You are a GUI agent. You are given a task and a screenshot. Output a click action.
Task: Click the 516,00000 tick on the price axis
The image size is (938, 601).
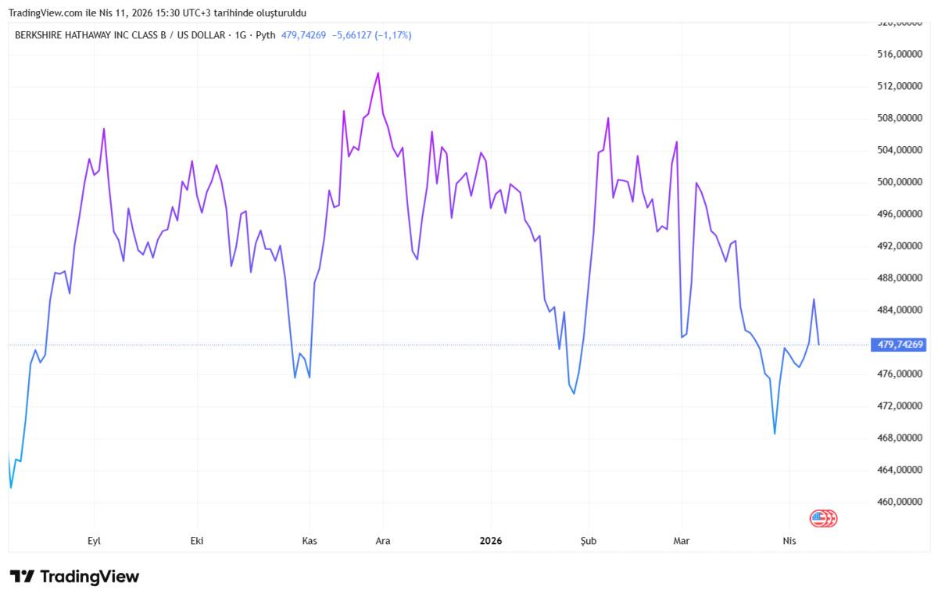pyautogui.click(x=897, y=54)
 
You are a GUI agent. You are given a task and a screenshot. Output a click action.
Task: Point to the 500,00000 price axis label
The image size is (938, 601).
pyautogui.click(x=897, y=182)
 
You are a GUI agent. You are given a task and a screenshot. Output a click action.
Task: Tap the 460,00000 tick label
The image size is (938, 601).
pyautogui.click(x=897, y=502)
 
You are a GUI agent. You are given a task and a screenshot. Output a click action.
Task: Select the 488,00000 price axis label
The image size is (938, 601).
pyautogui.click(x=897, y=278)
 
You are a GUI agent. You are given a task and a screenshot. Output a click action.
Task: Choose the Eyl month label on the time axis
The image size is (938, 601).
pyautogui.click(x=94, y=541)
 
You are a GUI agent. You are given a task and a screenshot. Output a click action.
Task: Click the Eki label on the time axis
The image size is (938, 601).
pyautogui.click(x=197, y=541)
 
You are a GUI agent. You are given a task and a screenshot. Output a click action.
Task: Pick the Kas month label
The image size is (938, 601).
pyautogui.click(x=309, y=541)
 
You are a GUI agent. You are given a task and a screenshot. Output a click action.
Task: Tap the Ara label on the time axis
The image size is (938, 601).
pyautogui.click(x=383, y=541)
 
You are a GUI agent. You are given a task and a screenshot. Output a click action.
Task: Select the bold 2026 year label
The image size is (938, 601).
pyautogui.click(x=491, y=541)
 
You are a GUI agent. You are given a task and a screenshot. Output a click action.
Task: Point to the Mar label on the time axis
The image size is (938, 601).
pyautogui.click(x=682, y=541)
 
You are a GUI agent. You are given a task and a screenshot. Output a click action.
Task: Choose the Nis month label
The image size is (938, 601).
pyautogui.click(x=789, y=541)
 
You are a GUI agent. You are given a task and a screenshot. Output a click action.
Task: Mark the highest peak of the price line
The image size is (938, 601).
pyautogui.click(x=378, y=73)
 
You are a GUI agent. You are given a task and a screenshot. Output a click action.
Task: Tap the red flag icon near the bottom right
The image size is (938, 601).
pyautogui.click(x=823, y=518)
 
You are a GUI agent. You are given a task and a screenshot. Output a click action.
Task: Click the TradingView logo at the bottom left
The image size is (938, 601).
pyautogui.click(x=75, y=577)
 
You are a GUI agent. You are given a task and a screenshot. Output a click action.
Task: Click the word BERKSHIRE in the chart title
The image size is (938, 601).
pyautogui.click(x=39, y=35)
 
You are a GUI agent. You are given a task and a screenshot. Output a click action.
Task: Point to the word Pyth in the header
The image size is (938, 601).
pyautogui.click(x=266, y=35)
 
